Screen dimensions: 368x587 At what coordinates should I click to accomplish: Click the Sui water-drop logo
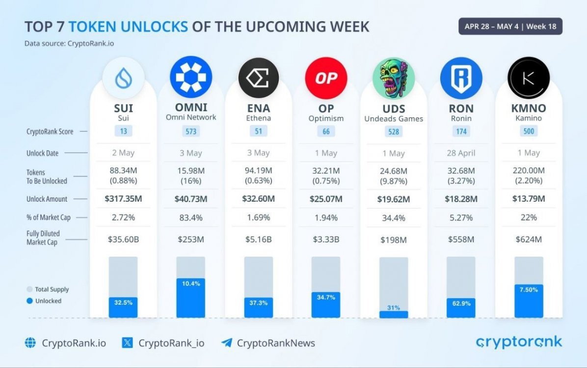tap(123, 78)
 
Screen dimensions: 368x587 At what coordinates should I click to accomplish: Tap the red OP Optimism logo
tap(326, 78)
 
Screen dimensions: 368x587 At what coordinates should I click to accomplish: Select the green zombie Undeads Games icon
tap(393, 78)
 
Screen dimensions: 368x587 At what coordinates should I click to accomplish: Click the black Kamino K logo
tap(528, 78)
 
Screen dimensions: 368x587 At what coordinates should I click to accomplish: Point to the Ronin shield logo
tap(461, 78)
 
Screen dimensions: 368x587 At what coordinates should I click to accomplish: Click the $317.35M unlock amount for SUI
tap(123, 199)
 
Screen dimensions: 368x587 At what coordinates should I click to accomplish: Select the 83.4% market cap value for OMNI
tap(191, 217)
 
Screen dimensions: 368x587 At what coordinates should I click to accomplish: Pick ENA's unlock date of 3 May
tap(258, 153)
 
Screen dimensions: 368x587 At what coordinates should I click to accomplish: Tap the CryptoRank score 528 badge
tap(393, 131)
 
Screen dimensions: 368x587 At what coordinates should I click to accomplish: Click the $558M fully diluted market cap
tap(461, 239)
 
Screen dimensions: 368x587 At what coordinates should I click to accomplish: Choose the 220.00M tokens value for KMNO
tap(528, 171)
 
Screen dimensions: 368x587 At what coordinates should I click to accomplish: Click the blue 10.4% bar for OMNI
tap(191, 298)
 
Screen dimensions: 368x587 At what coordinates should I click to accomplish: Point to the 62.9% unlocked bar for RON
tap(461, 308)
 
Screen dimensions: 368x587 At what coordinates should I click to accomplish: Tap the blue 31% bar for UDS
tap(393, 314)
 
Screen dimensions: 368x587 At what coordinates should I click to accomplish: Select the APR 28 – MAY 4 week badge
tap(510, 26)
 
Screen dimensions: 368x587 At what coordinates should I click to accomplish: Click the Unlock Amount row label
tap(47, 199)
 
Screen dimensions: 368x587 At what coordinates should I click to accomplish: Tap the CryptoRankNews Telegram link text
tap(276, 343)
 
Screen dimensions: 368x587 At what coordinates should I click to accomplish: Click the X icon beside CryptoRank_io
tap(127, 342)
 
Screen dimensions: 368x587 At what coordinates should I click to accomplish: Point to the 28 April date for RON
tap(461, 153)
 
